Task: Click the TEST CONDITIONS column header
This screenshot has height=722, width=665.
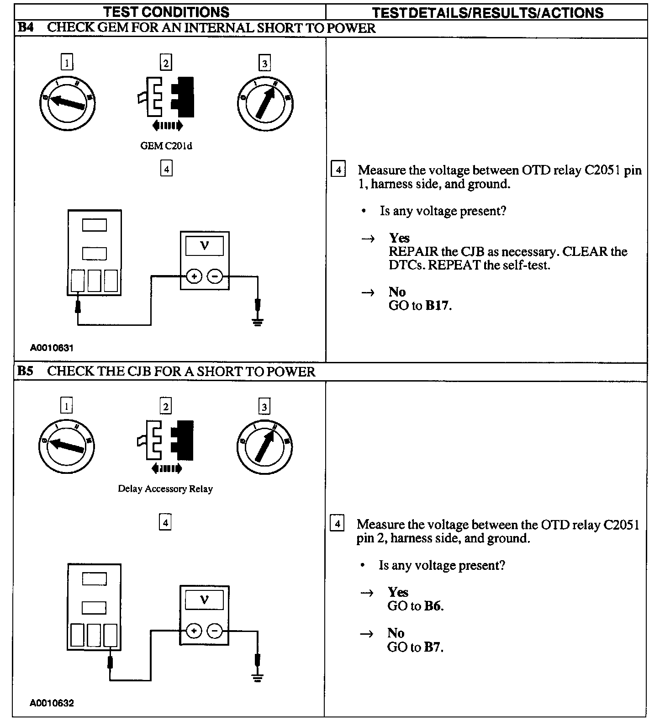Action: pos(166,12)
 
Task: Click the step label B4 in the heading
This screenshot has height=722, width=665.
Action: pos(25,28)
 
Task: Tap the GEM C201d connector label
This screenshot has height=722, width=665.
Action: pos(166,146)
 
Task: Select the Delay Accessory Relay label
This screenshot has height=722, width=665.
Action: pos(165,489)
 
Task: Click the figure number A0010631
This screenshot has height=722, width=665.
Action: pos(52,348)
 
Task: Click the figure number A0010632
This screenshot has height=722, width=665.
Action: pos(52,703)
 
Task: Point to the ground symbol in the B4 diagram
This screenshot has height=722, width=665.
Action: pos(258,322)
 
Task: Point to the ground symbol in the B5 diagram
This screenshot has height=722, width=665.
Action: pos(258,677)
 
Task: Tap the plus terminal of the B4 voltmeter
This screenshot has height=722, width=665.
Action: pos(194,276)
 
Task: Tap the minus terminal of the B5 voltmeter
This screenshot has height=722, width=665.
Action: pos(215,631)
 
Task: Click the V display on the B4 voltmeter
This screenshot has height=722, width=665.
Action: pos(205,246)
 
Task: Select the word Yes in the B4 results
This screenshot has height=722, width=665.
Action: pos(399,238)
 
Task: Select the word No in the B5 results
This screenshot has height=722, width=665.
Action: pos(396,633)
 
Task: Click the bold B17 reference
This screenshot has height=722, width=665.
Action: pos(438,306)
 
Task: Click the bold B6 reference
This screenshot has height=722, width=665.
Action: pos(433,606)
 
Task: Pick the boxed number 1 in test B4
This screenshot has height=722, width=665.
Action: pos(67,62)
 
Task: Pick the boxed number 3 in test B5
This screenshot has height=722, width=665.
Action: pos(264,407)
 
